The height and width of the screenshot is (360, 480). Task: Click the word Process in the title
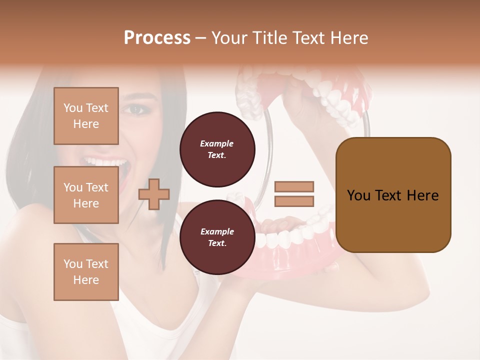[x=157, y=38]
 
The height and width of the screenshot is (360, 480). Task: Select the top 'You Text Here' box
[x=86, y=116]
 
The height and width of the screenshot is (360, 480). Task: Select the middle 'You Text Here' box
[x=86, y=195]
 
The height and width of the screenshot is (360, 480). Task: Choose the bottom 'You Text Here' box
[x=86, y=271]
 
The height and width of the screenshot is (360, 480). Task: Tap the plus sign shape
[x=154, y=194]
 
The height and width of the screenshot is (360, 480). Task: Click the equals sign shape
[x=294, y=194]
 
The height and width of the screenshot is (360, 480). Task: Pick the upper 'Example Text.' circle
[x=217, y=149]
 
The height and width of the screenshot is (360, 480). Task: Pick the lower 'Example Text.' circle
[x=217, y=237]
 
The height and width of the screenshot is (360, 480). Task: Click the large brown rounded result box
[x=393, y=194]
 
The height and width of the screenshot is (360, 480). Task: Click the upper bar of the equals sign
[x=294, y=186]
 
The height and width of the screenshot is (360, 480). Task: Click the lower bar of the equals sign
[x=294, y=201]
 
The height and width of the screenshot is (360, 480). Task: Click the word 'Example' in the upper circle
[x=217, y=143]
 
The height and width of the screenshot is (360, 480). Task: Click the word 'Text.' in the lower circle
[x=217, y=243]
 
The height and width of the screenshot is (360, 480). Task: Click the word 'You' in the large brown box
[x=359, y=195]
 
